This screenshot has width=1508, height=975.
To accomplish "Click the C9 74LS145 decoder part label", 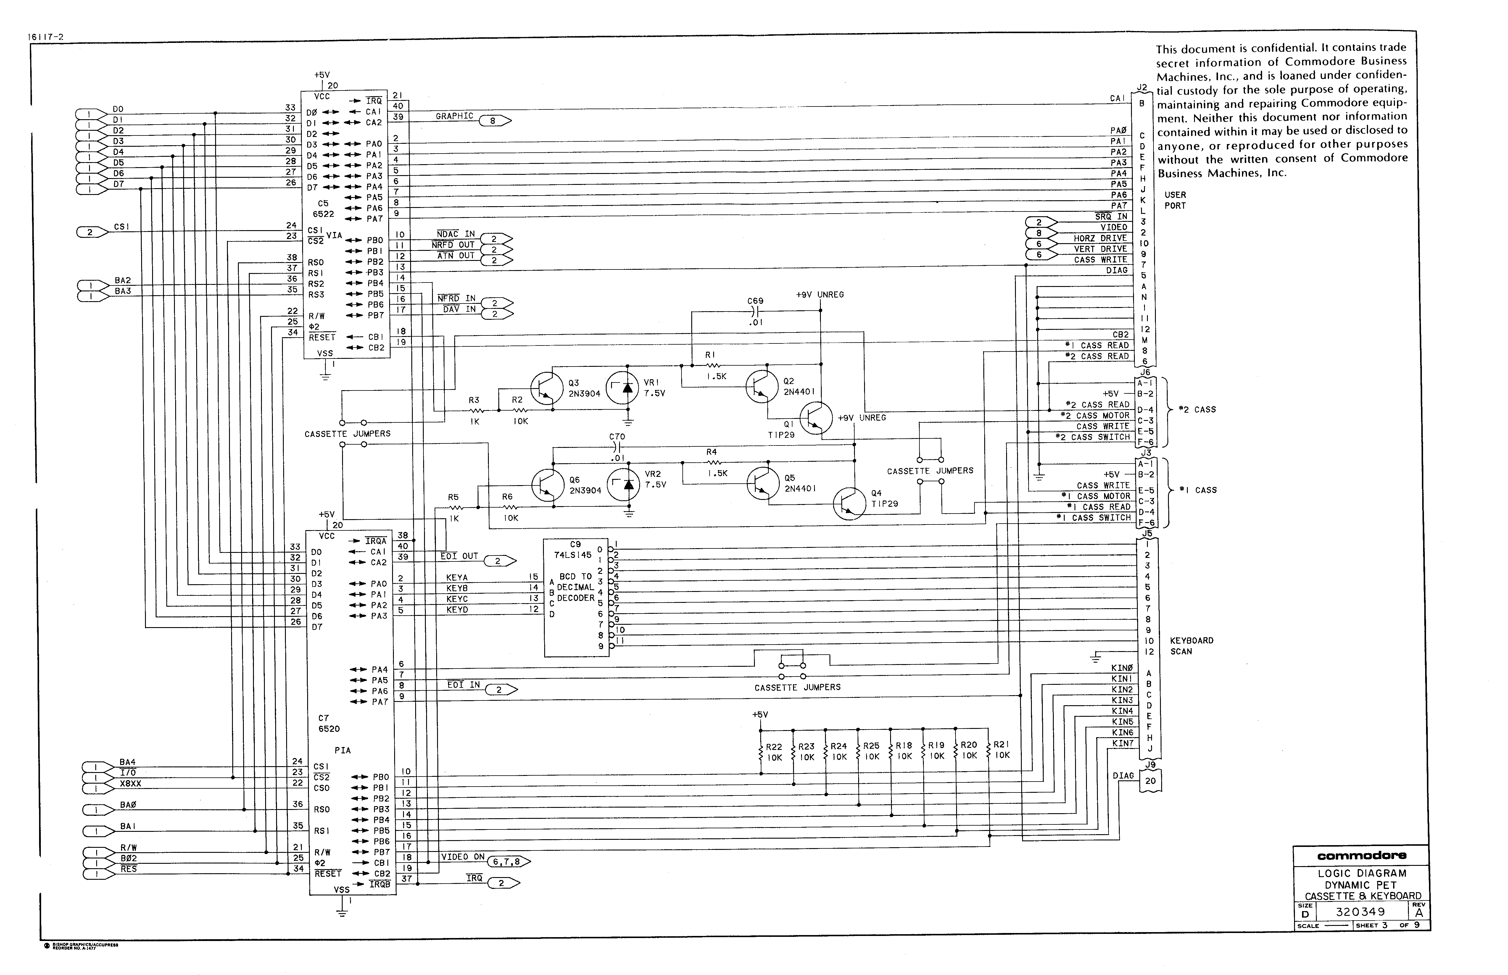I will pos(573,550).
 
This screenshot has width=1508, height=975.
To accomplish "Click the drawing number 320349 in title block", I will pos(1360,912).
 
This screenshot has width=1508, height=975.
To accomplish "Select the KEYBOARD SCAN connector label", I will pos(1191,646).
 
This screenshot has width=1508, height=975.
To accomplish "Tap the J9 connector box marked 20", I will pos(1150,781).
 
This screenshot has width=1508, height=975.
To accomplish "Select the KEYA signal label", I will pos(457,577).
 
